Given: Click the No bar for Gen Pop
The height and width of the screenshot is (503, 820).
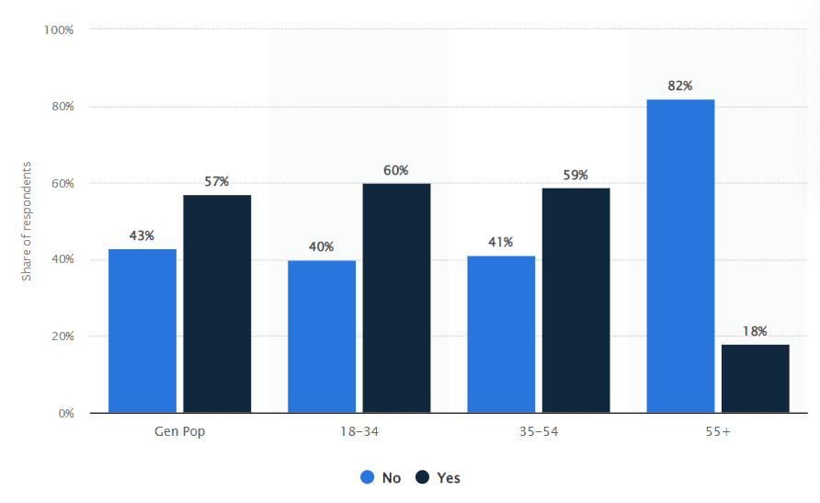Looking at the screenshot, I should point(142,330).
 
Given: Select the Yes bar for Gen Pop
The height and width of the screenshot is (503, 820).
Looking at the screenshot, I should point(217,303).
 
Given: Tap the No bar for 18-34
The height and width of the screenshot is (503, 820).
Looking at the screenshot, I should point(322,336).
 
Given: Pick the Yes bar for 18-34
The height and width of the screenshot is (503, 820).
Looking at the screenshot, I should point(396,298).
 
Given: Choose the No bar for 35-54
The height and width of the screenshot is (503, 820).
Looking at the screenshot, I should point(501,334).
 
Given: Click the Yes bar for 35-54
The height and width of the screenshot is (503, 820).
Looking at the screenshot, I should point(575,300).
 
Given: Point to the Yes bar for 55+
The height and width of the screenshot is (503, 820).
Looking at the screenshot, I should point(755,378).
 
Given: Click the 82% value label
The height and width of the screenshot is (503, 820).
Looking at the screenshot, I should point(680,86).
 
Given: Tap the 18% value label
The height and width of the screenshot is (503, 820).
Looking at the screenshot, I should point(755,331).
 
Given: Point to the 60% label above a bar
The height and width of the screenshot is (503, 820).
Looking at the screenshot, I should point(396,170).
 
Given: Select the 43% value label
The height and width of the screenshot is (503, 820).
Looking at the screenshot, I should point(142,235).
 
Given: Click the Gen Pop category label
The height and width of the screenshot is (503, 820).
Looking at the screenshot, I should point(179,431).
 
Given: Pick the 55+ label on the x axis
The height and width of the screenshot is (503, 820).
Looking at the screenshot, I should point(718,431).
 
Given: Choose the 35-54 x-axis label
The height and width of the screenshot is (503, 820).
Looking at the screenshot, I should point(539,431).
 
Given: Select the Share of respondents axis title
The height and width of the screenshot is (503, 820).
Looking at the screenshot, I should point(28,221).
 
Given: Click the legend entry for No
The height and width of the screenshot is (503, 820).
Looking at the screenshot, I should point(382,477).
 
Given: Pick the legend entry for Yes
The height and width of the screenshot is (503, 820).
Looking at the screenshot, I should point(438,477).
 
